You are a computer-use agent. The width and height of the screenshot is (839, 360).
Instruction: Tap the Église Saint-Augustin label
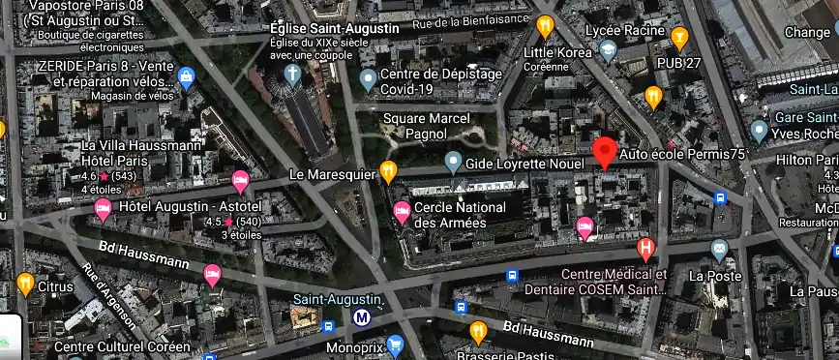pos(335,28)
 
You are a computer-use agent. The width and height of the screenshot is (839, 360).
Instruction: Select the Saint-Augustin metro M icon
pos(363,316)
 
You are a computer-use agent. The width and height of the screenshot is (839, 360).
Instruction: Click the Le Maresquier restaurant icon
pos(388,172)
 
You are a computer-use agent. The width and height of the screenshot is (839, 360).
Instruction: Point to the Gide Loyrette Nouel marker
pos(453,163)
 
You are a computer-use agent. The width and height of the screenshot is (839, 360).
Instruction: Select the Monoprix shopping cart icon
pos(394,345)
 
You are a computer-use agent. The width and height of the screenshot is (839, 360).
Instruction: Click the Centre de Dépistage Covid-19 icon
pos(368,77)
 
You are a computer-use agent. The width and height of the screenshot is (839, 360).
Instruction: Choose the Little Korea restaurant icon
pos(545,26)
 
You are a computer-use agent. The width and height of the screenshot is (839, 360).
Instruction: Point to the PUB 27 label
pos(679,63)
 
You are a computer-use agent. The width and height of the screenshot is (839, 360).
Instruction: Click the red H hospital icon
pos(645,250)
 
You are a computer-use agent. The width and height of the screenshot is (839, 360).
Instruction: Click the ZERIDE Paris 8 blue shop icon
pos(187,77)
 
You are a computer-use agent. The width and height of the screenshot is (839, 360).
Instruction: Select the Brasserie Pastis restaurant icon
pos(477,333)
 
